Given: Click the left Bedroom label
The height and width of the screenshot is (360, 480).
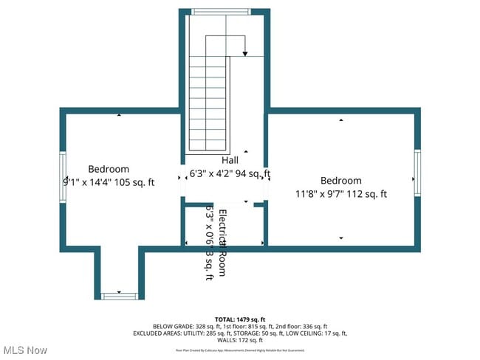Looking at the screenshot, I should [x=109, y=169].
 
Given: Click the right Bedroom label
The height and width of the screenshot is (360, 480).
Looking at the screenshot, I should [x=340, y=181].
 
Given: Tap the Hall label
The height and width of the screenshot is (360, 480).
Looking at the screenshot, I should [x=230, y=161].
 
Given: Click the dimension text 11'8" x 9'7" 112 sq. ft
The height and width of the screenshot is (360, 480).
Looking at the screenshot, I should [x=340, y=195].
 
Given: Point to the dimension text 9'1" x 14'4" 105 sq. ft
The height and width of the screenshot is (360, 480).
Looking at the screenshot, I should [x=109, y=182].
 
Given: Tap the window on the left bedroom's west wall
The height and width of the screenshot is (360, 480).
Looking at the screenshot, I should [x=63, y=177].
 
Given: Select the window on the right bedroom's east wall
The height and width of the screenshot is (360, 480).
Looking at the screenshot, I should [x=417, y=173].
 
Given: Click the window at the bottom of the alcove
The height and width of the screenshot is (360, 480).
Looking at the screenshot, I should [x=118, y=296].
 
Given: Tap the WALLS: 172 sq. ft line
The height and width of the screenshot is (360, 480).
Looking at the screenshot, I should [x=239, y=340].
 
